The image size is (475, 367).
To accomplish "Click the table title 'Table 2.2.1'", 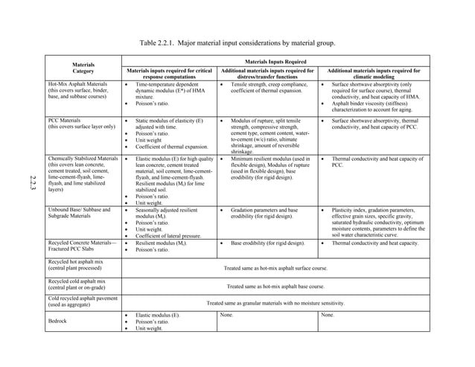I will tap(237, 42).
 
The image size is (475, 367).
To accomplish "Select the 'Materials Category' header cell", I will tap(83, 68).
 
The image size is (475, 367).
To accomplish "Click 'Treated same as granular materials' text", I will tap(275, 304).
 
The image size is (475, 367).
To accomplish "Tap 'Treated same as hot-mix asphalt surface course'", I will tap(275, 267).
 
